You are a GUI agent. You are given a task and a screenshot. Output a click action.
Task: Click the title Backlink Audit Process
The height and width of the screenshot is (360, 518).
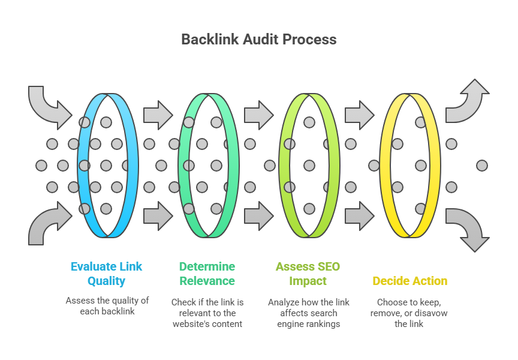[259, 40]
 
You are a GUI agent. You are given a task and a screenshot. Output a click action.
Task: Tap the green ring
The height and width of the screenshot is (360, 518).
[233, 165]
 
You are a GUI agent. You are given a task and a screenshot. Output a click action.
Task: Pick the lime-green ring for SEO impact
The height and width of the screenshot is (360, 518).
[334, 165]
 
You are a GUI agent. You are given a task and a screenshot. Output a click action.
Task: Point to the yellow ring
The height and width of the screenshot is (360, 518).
[435, 165]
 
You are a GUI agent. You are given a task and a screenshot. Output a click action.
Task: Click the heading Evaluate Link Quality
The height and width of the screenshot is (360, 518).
[106, 274]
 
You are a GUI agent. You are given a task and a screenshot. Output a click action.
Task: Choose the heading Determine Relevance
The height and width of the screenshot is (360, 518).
[207, 274]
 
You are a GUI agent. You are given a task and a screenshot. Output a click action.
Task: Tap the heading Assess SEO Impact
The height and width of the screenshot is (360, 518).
[308, 274]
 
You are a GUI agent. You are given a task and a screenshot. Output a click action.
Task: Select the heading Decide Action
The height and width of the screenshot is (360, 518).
[410, 281]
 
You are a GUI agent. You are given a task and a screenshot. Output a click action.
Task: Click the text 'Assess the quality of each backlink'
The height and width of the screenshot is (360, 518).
[107, 306]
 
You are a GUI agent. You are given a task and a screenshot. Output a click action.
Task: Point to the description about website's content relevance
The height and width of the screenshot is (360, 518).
[207, 313]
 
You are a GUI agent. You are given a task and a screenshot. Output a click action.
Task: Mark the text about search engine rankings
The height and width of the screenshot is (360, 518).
[309, 313]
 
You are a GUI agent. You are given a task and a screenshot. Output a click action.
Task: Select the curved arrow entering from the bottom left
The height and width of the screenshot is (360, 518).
[46, 223]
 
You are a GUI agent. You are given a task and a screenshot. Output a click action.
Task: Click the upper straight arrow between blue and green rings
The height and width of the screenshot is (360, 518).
[158, 115]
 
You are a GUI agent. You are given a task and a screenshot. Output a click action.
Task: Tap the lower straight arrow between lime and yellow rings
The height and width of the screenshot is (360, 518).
[360, 216]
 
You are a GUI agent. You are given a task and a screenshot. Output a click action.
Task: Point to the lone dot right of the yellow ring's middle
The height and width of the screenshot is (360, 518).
[482, 166]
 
